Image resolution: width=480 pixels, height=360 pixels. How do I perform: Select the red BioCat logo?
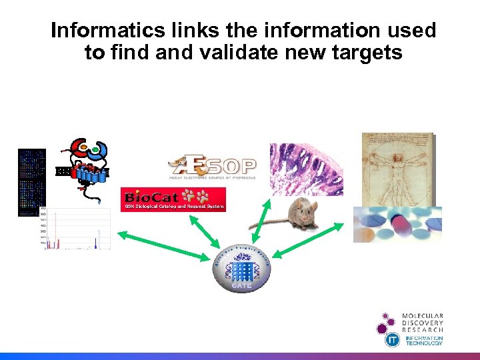pyautogui.click(x=173, y=199)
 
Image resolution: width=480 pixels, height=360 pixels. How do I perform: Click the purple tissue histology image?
pyautogui.click(x=306, y=169)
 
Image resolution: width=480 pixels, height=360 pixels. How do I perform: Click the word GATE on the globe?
pyautogui.click(x=241, y=286)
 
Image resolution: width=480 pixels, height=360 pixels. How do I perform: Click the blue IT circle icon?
pyautogui.click(x=393, y=339)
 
